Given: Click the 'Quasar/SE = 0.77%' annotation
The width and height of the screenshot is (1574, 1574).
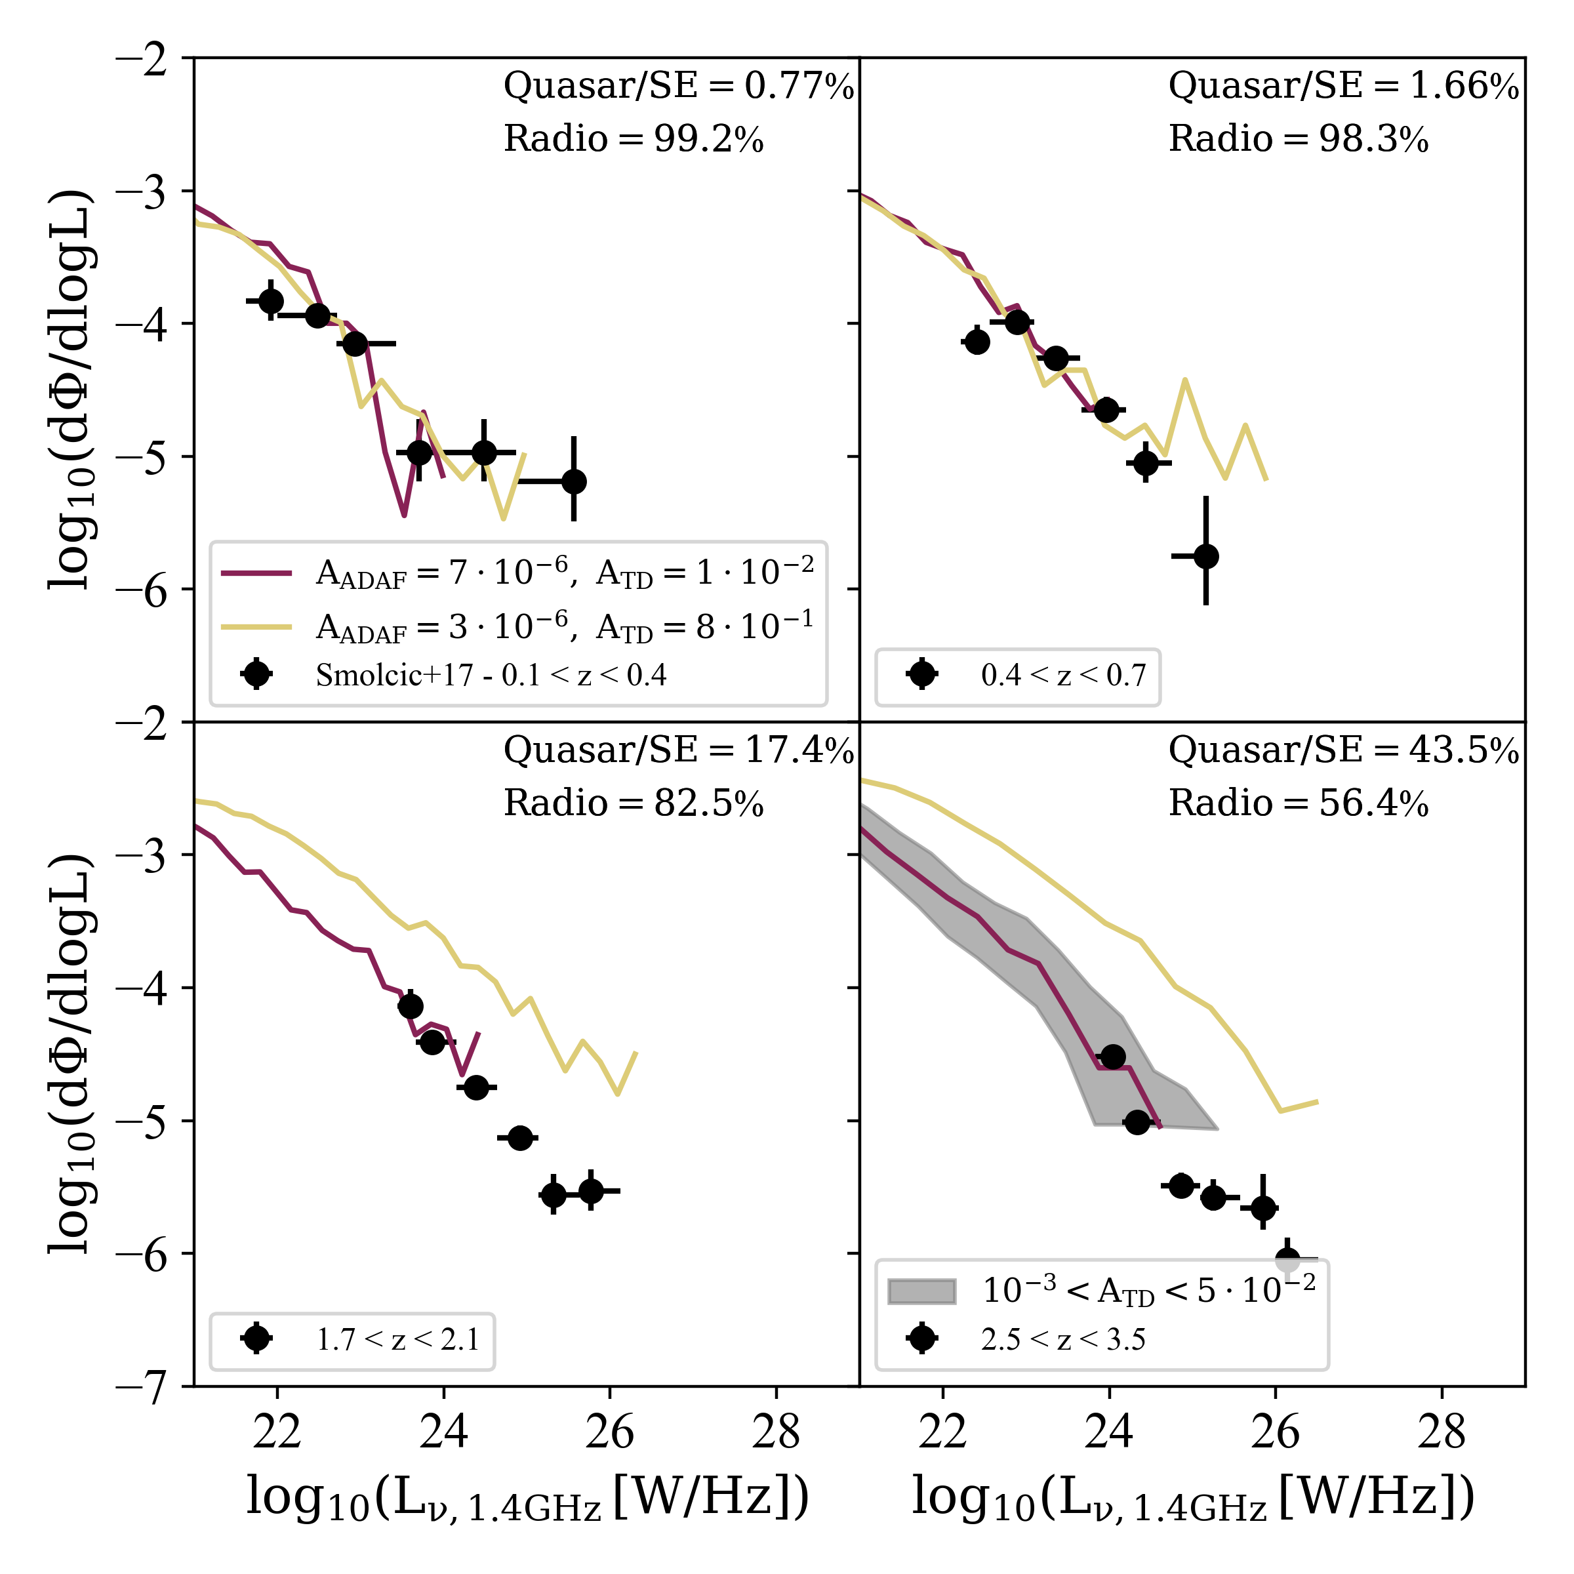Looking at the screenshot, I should click(x=678, y=85).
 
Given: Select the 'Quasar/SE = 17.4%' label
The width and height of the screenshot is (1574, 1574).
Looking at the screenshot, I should click(x=678, y=750).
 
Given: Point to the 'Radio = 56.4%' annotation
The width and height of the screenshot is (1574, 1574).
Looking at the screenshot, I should click(x=1298, y=803).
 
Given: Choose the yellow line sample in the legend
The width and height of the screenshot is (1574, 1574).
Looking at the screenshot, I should click(x=256, y=626).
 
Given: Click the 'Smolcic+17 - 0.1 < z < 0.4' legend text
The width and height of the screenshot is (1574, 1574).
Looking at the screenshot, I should click(x=491, y=675).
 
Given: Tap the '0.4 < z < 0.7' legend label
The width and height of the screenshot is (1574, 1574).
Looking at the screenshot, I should click(x=1063, y=675).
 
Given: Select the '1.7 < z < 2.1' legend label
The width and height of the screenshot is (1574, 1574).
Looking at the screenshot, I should click(x=397, y=1339).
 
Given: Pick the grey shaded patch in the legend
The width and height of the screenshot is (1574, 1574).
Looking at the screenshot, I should click(x=921, y=1291).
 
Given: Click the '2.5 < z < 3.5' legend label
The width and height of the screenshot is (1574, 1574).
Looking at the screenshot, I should click(x=1063, y=1339).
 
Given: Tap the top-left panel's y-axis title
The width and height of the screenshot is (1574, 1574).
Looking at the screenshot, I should click(x=71, y=390).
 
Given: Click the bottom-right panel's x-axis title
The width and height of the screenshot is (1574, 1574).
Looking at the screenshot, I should click(x=1193, y=1497).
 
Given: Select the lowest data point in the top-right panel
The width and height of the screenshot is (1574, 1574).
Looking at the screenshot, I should click(x=1206, y=556).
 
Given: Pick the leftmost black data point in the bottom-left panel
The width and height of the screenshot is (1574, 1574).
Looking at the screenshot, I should click(x=410, y=1007).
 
